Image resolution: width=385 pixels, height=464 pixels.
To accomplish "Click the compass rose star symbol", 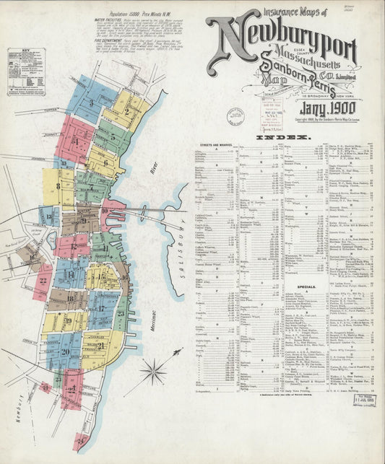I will (x=153, y=372).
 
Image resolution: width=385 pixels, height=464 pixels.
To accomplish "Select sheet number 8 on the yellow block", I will (x=57, y=185).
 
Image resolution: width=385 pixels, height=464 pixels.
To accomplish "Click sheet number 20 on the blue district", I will (x=65, y=351).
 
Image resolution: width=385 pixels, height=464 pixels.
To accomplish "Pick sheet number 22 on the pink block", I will (x=44, y=279).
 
